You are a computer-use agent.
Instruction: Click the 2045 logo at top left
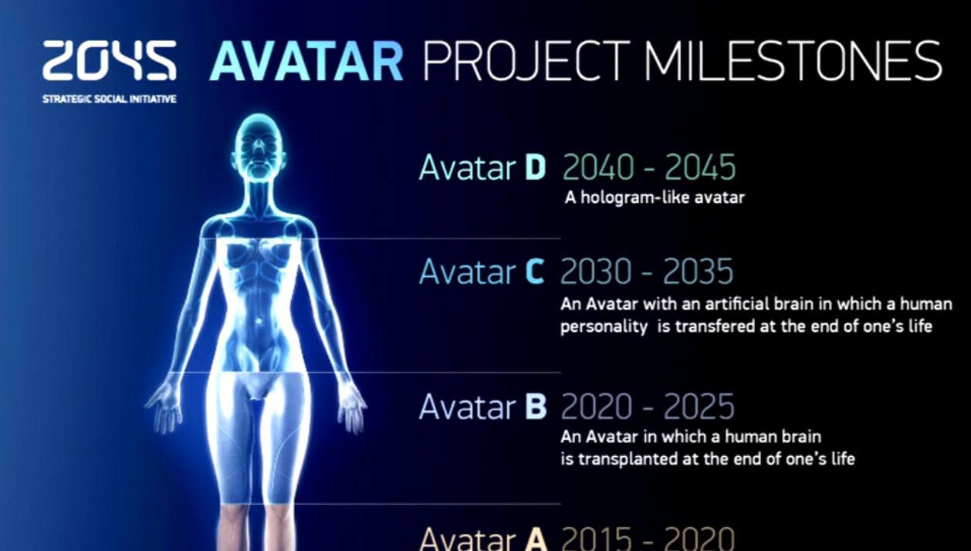110,60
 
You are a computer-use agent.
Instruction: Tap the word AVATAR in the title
307,61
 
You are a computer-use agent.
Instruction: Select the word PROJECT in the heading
526,61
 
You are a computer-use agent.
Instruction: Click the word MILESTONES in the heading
793,60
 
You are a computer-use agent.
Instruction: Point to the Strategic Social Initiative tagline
110,100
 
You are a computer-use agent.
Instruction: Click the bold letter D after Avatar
536,167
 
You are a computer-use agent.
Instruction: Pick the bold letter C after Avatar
534,272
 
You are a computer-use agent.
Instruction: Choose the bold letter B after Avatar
536,407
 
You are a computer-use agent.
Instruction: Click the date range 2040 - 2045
649,167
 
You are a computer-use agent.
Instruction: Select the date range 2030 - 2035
647,272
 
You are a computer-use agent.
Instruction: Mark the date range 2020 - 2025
648,407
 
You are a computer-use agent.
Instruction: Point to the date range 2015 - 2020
648,539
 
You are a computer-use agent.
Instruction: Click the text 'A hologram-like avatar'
655,198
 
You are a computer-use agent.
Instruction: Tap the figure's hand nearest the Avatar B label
352,406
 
